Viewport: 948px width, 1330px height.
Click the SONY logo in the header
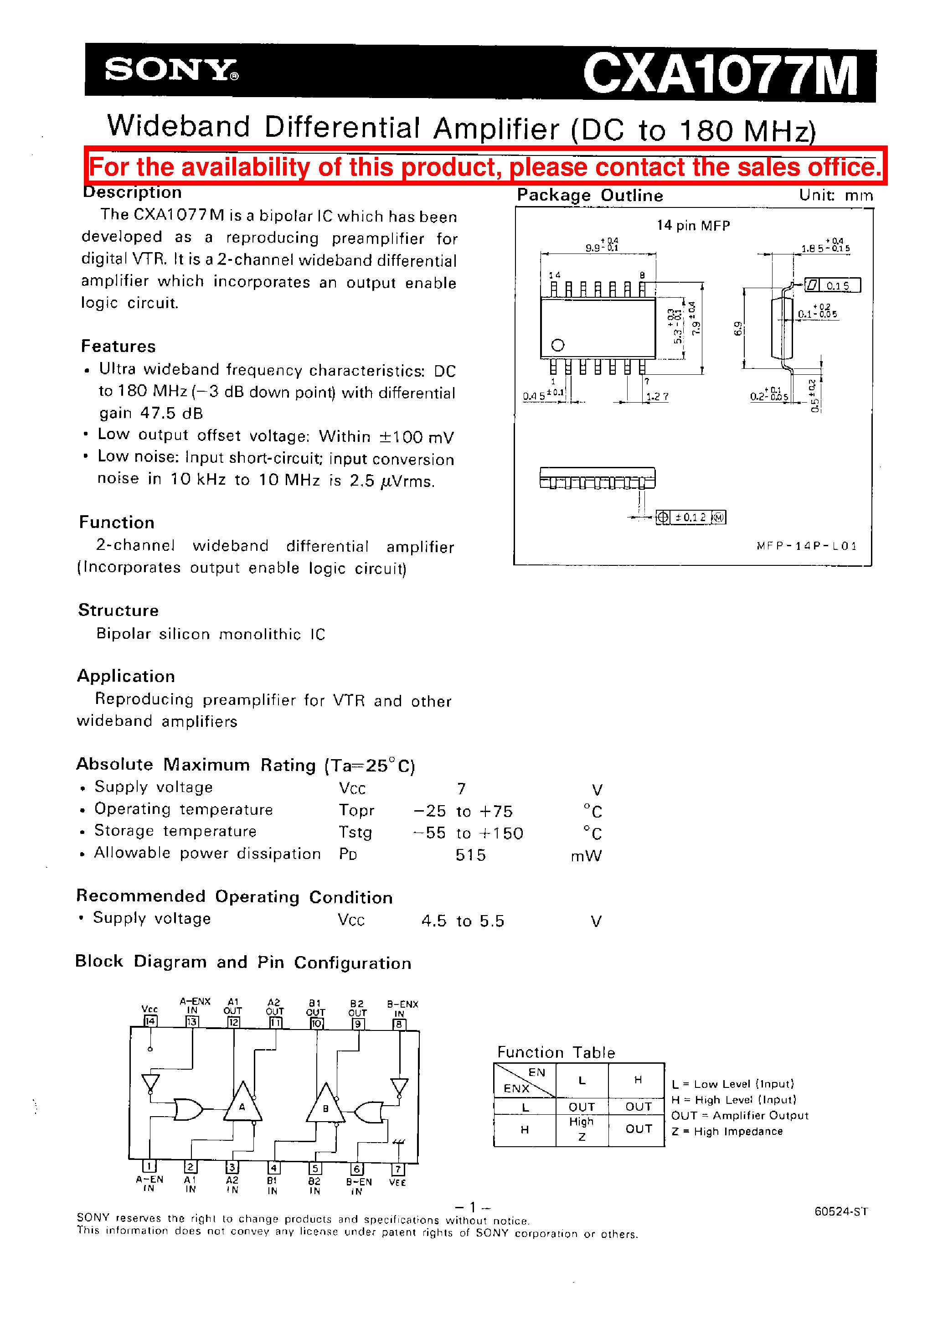(171, 70)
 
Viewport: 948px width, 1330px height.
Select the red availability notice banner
(484, 167)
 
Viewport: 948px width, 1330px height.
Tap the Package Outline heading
(590, 195)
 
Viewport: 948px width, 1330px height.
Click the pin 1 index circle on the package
(557, 345)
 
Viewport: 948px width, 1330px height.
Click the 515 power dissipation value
(470, 855)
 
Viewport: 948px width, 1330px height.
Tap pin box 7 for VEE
(397, 1169)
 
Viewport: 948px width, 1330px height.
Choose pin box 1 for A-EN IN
(149, 1166)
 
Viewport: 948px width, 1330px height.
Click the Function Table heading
(556, 1052)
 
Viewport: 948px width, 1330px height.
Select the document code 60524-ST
(840, 1211)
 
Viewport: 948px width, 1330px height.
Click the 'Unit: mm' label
(835, 196)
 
